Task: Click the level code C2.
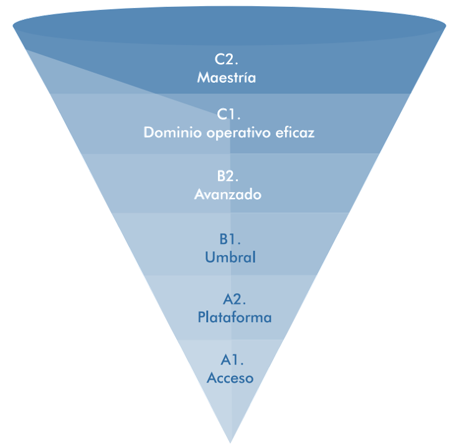227,60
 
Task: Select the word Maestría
227,78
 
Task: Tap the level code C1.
228,115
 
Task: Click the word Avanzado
228,194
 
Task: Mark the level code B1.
230,239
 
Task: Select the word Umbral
230,257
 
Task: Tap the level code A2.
234,299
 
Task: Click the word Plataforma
235,317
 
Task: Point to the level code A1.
232,360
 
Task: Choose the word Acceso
230,378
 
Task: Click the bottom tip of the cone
230,442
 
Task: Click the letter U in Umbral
210,257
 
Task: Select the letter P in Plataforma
202,317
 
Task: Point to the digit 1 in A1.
237,360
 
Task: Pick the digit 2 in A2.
238,299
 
